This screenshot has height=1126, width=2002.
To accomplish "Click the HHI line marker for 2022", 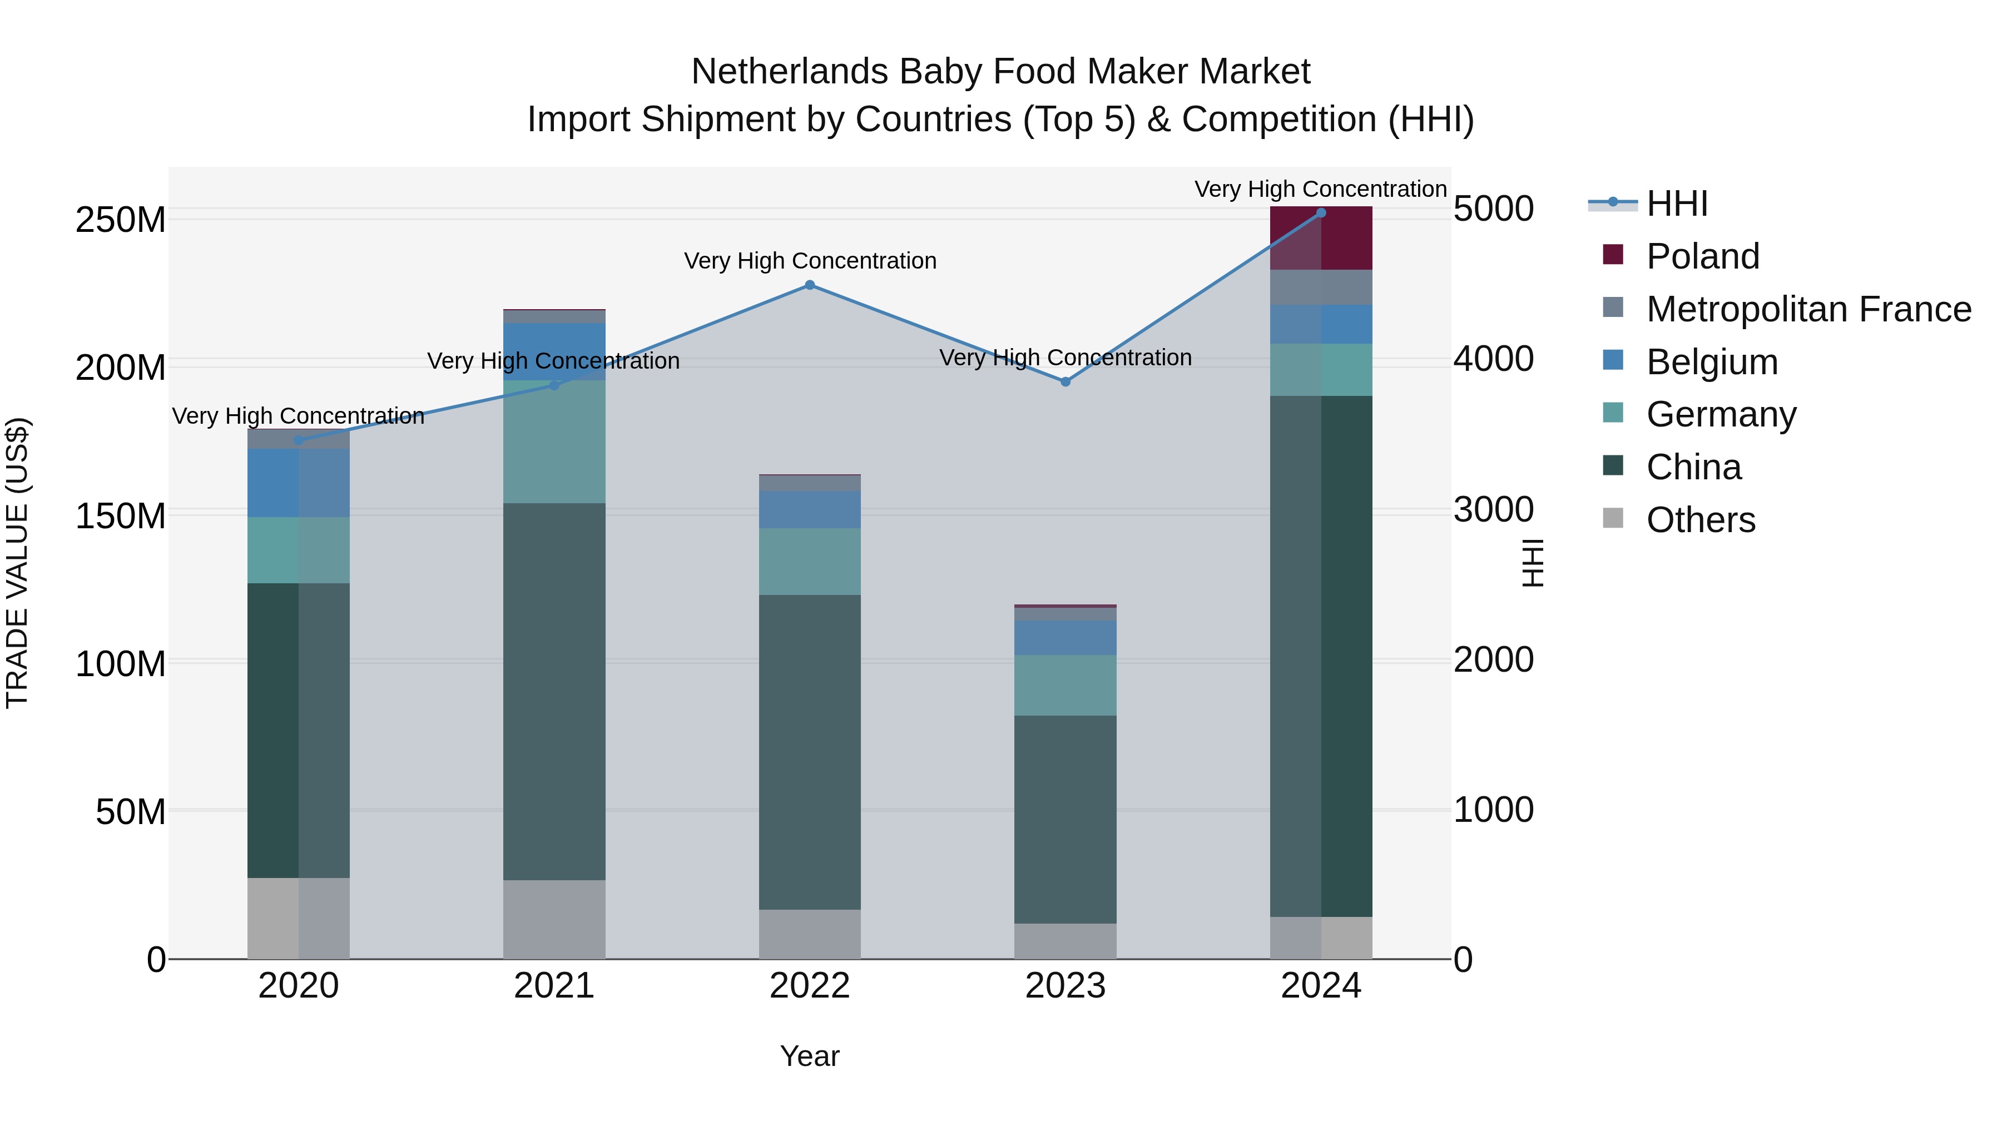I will point(810,285).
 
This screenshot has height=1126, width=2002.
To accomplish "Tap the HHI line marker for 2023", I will point(1066,381).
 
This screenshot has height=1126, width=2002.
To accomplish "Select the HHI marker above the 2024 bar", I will point(1321,213).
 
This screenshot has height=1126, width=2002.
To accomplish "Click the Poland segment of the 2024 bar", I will point(1321,239).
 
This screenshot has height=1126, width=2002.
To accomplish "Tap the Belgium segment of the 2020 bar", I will point(299,483).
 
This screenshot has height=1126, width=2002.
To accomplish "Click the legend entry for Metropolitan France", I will point(1808,309).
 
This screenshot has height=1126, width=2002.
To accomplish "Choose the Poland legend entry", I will point(1702,256).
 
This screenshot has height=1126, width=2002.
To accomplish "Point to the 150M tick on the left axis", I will point(121,516).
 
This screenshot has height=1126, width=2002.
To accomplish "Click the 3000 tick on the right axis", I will point(1493,510).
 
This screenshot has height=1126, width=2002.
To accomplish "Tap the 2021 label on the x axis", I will point(554,986).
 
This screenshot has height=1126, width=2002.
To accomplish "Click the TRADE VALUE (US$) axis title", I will point(17,563).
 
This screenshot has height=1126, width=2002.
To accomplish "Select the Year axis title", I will point(810,1056).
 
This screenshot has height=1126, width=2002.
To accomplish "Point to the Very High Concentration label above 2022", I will point(810,261).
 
